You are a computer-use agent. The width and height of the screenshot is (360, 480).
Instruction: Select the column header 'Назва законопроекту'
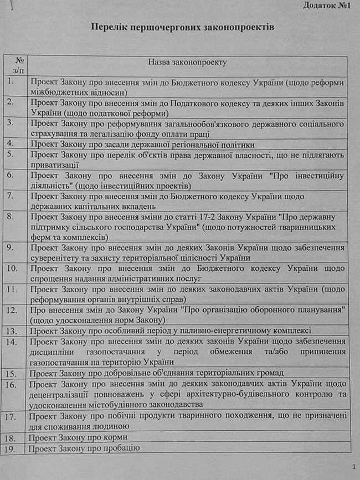point(188,63)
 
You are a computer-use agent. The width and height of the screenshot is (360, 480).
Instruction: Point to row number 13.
point(13,331)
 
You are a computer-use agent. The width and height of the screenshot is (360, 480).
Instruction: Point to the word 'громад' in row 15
point(269,373)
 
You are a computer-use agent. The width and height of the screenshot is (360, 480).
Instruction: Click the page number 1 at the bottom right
point(353,467)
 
